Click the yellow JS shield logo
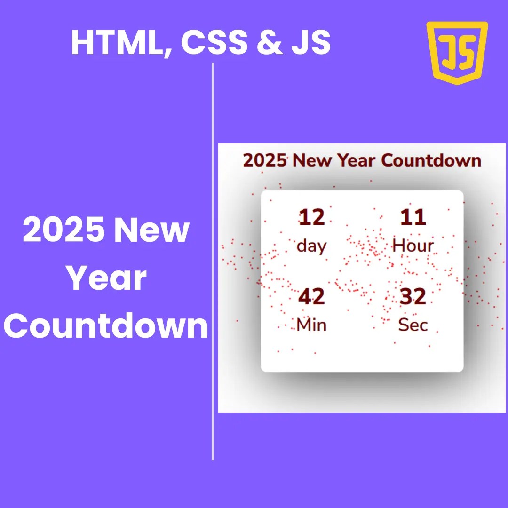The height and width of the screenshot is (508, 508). [x=457, y=52]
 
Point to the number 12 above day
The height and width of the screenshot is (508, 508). [x=311, y=217]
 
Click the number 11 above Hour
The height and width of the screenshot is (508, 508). [x=413, y=217]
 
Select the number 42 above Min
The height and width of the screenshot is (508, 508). [x=311, y=297]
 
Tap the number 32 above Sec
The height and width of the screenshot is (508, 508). [x=413, y=297]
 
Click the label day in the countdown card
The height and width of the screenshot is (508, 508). [x=311, y=246]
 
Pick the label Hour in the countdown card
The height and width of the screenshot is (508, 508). [x=413, y=245]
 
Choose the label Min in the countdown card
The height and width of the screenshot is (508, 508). [x=311, y=325]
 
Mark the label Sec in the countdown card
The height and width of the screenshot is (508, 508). [x=413, y=325]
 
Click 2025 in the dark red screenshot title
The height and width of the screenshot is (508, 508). [x=265, y=160]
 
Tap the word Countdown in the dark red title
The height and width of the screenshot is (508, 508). [x=431, y=160]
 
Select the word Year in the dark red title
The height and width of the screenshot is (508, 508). [x=356, y=160]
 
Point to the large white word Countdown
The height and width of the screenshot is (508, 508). [x=106, y=325]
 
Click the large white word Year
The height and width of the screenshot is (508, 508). [x=106, y=278]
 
